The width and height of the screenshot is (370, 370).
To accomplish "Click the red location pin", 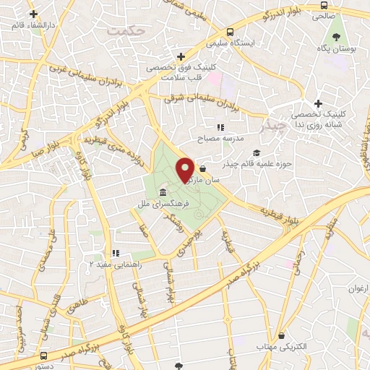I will [186, 169].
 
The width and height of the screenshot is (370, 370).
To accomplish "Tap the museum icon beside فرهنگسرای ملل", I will [163, 193].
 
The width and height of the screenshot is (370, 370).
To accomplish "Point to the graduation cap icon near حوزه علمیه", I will [257, 152].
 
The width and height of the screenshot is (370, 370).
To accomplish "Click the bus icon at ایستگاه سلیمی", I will [229, 32].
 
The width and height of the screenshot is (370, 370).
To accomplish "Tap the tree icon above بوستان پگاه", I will [335, 36].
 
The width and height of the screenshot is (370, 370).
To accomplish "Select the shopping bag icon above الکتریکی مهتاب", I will [281, 335].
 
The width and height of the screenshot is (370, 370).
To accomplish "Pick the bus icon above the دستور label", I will [45, 356].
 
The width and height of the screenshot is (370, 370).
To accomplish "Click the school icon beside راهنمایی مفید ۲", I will [115, 253].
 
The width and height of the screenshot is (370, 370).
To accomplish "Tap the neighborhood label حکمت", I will [125, 31].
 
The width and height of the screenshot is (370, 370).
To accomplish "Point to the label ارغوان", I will [358, 289].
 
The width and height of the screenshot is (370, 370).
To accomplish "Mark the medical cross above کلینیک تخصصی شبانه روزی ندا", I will [317, 103].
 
